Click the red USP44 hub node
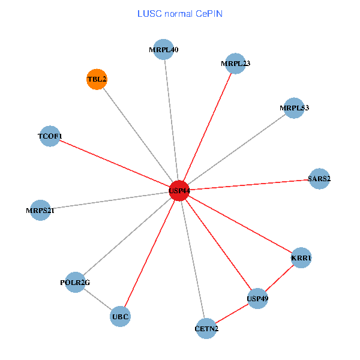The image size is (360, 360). (179, 190)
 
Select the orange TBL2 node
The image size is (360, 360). (97, 79)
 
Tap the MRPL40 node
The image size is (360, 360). (164, 50)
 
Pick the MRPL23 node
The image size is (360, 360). (236, 64)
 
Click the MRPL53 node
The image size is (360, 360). (294, 108)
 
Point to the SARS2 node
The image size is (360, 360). (319, 178)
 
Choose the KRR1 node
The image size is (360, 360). (301, 258)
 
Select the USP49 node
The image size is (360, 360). (257, 298)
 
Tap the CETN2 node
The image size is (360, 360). (206, 328)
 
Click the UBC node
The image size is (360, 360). (120, 316)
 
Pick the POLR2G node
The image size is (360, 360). (75, 282)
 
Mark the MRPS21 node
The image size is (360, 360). (40, 210)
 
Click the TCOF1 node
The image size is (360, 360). (50, 136)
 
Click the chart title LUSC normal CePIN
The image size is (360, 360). (180, 13)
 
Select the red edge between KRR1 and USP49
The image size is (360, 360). (279, 278)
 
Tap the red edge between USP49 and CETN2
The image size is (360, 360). (232, 313)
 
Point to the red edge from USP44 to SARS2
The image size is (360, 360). (249, 184)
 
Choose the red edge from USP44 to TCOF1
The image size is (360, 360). (114, 163)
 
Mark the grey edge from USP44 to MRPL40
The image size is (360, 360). (172, 120)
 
